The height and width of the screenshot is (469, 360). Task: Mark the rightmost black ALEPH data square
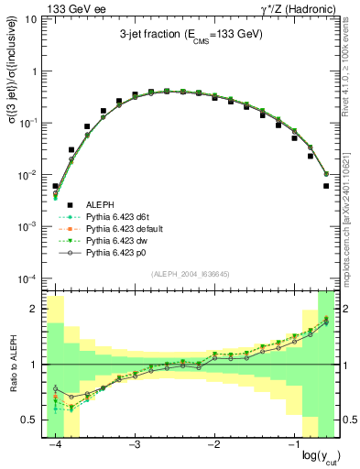(327, 186)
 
